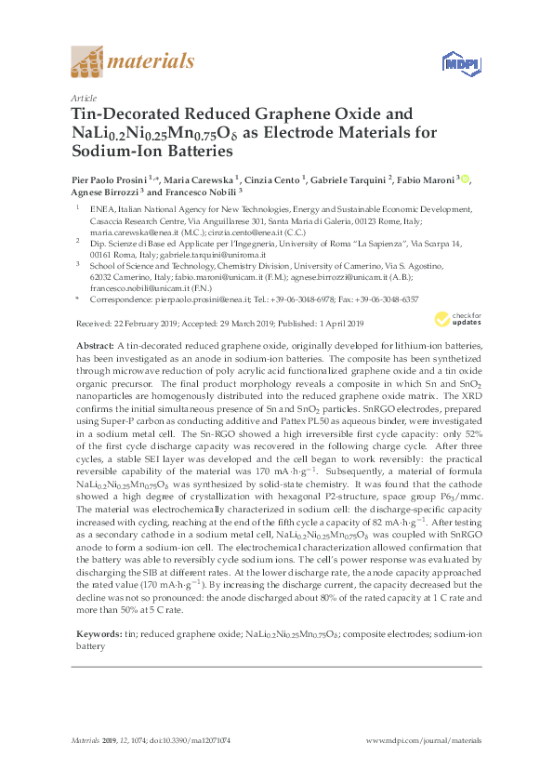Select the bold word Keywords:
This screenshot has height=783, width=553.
[98, 632]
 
